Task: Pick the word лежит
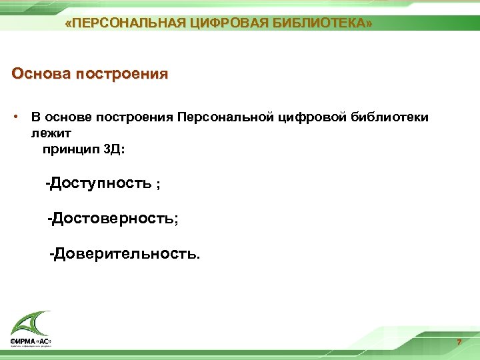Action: click(45, 133)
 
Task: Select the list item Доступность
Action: click(101, 183)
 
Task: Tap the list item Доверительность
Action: click(125, 253)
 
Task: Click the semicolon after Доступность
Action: click(158, 185)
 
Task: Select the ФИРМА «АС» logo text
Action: click(31, 342)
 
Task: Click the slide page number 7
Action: click(459, 343)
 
